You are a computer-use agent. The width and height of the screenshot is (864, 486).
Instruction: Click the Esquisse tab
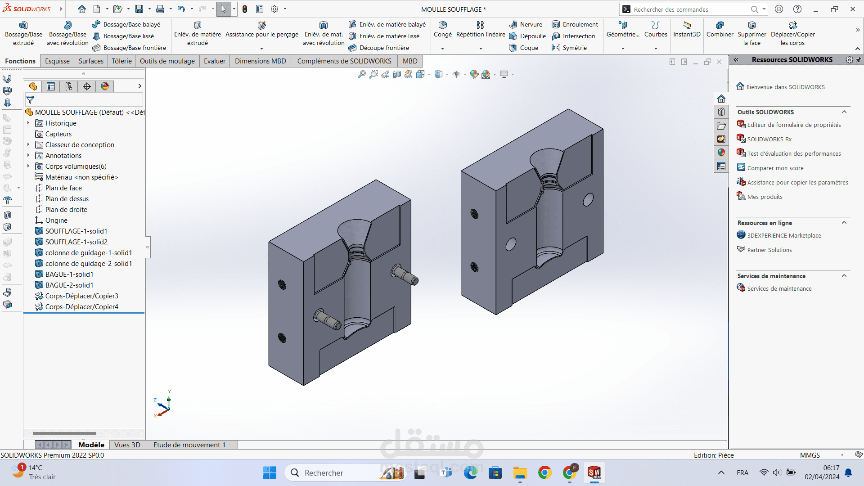[x=57, y=61]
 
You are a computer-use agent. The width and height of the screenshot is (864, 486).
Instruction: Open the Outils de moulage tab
[x=167, y=61]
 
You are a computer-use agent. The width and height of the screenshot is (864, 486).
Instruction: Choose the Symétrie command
[x=569, y=48]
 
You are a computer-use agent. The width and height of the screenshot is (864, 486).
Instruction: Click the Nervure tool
[x=526, y=24]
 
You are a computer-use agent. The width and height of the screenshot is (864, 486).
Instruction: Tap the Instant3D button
[x=687, y=30]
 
